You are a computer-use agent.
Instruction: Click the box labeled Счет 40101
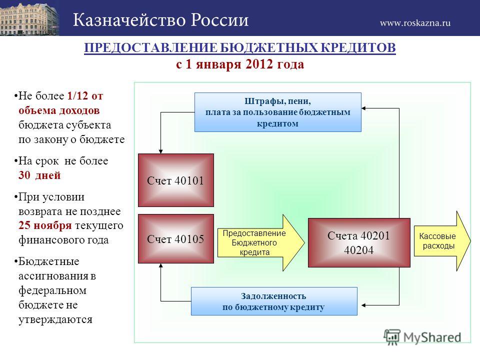(175, 180)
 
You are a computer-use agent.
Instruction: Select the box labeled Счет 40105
(175, 238)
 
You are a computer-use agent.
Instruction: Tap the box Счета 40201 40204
(359, 242)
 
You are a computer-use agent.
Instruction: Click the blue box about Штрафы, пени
(277, 112)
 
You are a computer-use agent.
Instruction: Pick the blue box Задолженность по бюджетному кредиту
(274, 301)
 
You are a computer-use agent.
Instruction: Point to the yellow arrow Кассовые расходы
(442, 241)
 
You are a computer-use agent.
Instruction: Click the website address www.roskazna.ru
(415, 23)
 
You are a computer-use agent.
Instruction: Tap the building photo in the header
(29, 18)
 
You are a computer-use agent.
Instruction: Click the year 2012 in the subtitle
(259, 64)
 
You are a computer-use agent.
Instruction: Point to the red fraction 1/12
(77, 96)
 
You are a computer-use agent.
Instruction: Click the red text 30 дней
(39, 175)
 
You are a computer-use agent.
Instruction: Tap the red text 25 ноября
(45, 225)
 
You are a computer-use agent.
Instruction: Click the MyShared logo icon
(392, 336)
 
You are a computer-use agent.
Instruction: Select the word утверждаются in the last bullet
(55, 319)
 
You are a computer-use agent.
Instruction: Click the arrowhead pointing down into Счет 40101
(160, 151)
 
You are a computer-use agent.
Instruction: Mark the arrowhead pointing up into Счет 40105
(160, 265)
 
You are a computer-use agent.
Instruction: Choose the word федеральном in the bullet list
(52, 290)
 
